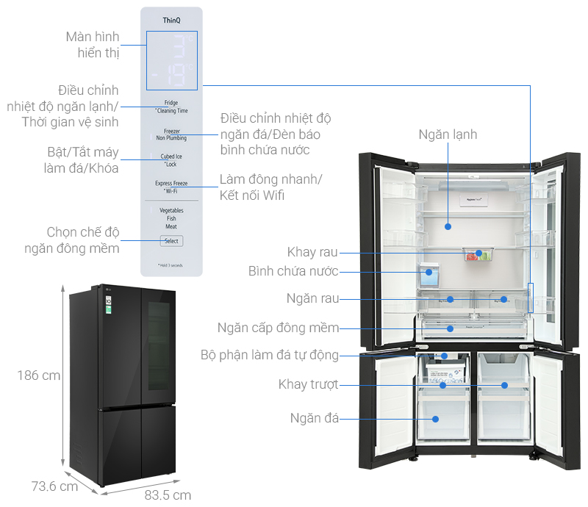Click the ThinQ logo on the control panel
click(171, 21)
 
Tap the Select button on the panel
click(171, 241)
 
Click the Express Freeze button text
click(171, 183)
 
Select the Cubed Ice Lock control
click(171, 159)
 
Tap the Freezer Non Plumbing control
click(171, 134)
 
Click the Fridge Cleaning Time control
click(171, 107)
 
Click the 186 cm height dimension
click(38, 375)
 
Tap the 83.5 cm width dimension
click(169, 494)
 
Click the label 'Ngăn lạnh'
click(448, 134)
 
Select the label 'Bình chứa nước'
click(293, 271)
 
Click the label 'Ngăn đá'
click(314, 418)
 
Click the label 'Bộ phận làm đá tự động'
click(269, 356)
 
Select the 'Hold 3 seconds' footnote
click(171, 265)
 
